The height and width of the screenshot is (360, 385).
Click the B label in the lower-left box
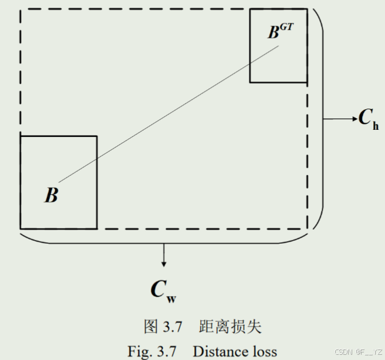(x=52, y=196)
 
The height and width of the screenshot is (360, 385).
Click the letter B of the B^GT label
(x=273, y=33)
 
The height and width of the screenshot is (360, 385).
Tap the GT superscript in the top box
(x=287, y=26)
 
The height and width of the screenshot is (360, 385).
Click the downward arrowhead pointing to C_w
(x=164, y=262)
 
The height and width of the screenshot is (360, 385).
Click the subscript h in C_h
(x=375, y=126)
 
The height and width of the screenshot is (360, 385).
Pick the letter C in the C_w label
(x=157, y=289)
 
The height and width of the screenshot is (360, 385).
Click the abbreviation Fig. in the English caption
(x=139, y=351)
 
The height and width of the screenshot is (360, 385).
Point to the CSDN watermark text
(x=358, y=352)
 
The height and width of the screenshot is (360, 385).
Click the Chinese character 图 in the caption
(x=151, y=327)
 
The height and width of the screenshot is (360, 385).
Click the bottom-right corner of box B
(x=97, y=228)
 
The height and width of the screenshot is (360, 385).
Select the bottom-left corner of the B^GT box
(x=250, y=82)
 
